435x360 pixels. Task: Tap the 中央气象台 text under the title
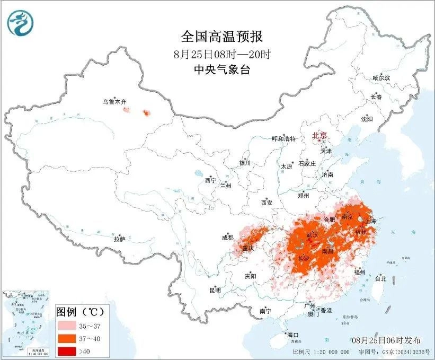tap(222, 69)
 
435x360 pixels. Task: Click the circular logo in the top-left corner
tap(20, 23)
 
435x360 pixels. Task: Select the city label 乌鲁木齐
tap(114, 101)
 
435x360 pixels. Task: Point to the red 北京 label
tap(319, 135)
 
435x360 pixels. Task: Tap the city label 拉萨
tap(119, 239)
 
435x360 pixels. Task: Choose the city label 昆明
tap(215, 290)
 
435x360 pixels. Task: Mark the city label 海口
tap(292, 335)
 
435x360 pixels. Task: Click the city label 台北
tap(380, 278)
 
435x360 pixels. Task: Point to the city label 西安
tap(266, 202)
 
